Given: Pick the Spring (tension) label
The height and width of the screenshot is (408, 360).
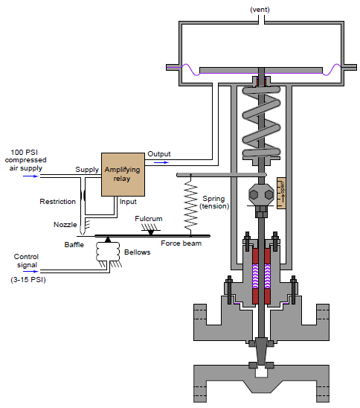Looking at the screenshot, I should [x=215, y=203].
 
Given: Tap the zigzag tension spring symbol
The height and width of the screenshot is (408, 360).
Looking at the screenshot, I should [x=190, y=205].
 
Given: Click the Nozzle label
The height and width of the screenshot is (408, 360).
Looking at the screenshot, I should [x=66, y=224].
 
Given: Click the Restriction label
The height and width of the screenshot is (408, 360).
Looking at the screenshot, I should [x=57, y=201].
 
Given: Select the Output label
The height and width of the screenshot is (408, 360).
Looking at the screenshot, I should [x=159, y=153].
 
